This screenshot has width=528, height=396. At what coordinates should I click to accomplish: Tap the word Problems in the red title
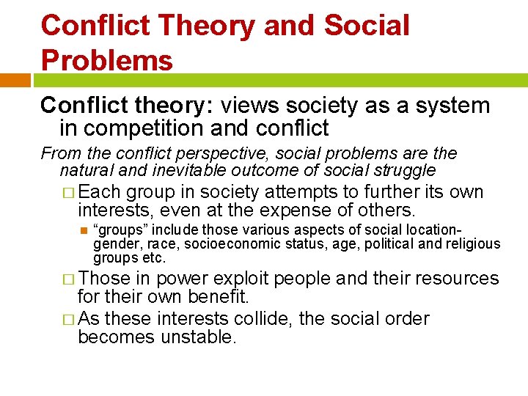point(107,60)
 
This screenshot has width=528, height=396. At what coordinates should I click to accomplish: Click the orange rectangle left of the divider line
point(15,80)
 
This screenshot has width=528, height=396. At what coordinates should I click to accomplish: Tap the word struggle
point(405,171)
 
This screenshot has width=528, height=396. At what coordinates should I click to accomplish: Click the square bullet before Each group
point(68,193)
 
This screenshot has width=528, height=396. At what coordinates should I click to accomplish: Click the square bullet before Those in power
point(68,279)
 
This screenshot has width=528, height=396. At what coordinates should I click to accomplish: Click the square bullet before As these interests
point(68,320)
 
